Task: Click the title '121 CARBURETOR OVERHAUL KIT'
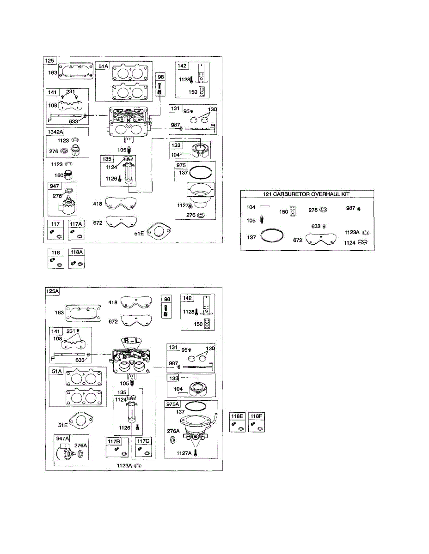307,194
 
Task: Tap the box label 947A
61,439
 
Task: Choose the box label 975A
174,404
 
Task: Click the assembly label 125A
53,291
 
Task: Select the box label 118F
256,416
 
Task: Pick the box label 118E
237,416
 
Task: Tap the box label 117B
114,442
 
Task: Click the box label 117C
143,442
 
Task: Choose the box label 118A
76,253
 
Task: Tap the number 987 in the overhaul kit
351,208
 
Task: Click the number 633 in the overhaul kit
316,226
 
